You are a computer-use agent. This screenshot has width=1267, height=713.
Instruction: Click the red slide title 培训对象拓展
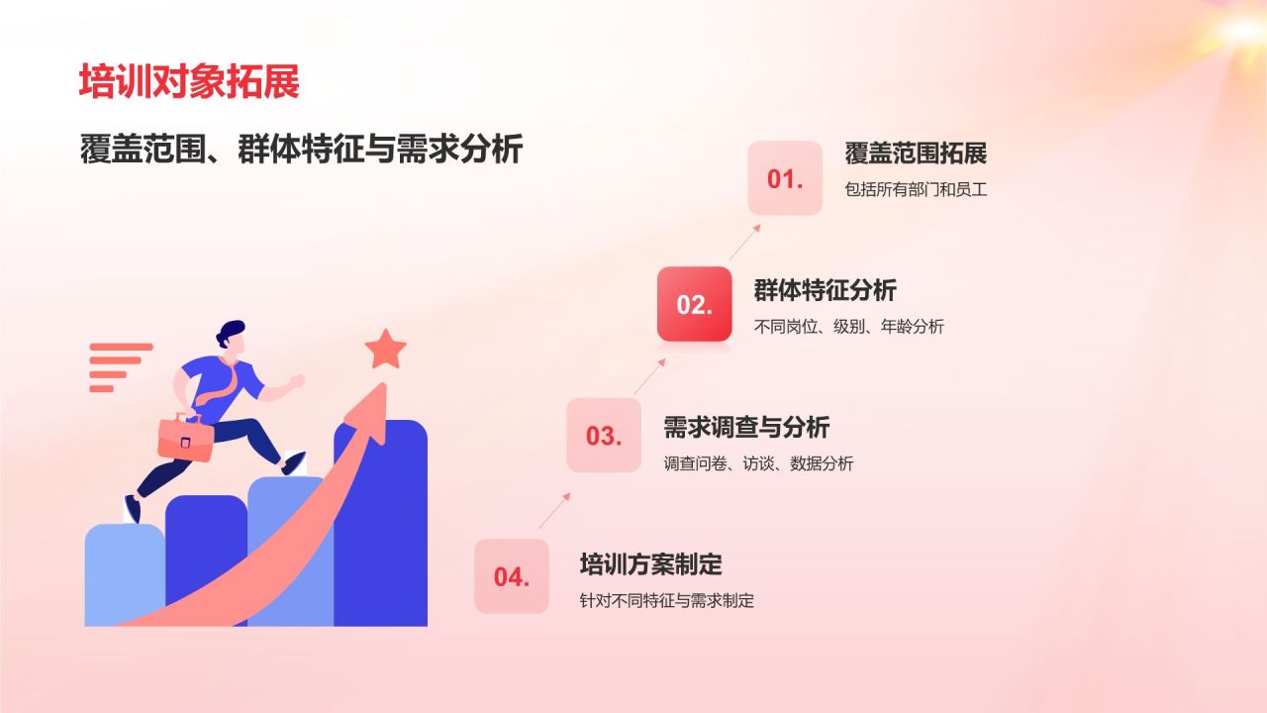pos(189,81)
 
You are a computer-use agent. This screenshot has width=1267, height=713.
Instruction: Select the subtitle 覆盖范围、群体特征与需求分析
pos(301,149)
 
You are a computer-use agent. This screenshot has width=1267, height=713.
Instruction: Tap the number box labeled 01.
pos(785,178)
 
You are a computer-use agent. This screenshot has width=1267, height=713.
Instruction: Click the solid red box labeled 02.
pos(695,304)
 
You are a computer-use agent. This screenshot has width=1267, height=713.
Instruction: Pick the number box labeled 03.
pos(604,435)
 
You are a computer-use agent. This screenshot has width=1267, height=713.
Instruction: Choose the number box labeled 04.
pos(512,576)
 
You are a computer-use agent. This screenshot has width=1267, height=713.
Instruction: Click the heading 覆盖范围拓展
pos(916,153)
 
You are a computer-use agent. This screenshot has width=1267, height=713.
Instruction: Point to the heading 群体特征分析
pos(826,290)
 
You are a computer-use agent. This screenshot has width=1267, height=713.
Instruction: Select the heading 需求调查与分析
pos(746,427)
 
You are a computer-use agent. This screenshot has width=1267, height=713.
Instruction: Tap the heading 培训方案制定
pos(651,564)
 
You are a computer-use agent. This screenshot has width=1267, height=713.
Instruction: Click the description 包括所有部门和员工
pos(916,189)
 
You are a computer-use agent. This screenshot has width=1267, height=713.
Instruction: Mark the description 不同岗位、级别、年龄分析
pos(849,327)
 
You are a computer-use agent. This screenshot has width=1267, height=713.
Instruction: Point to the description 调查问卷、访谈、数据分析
pos(758,463)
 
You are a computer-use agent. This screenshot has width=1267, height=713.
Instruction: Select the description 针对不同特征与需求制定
pos(667,600)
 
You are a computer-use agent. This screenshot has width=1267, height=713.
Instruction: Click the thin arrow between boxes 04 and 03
pos(554,511)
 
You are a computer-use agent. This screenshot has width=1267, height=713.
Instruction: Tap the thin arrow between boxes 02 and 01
pos(744,243)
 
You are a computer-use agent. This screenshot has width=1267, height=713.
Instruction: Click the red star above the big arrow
pos(386,350)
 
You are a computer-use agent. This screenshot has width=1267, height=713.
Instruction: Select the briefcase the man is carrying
pos(185,438)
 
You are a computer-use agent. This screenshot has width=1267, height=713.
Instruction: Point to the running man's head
pos(232,338)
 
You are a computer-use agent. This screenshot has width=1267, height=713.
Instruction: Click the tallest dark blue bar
pos(381,523)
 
